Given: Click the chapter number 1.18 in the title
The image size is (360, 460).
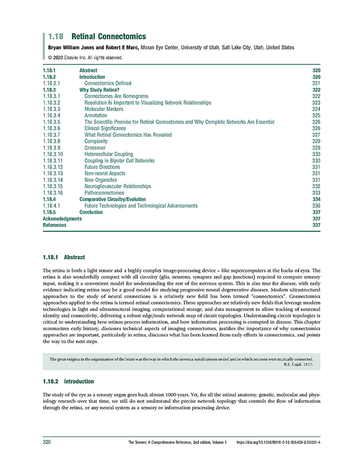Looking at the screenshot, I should pyautogui.click(x=56, y=36).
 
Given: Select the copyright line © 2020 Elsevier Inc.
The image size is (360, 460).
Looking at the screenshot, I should pyautogui.click(x=82, y=58).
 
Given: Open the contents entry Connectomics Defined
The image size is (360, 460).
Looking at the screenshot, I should pyautogui.click(x=107, y=83).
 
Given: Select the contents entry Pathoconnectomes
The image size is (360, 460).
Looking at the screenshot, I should pyautogui.click(x=104, y=193).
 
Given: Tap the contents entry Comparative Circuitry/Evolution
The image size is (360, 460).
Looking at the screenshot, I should pyautogui.click(x=112, y=199).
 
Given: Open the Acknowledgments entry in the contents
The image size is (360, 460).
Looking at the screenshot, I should pyautogui.click(x=62, y=218).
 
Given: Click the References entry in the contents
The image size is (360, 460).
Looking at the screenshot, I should pyautogui.click(x=54, y=225).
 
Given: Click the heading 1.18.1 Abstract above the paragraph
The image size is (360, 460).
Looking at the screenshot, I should pyautogui.click(x=64, y=257).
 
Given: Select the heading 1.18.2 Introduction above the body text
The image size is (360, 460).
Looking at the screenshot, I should pyautogui.click(x=68, y=381).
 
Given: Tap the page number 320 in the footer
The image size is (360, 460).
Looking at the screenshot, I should pyautogui.click(x=46, y=442).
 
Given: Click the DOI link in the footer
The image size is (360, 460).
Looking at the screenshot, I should pyautogui.click(x=278, y=442).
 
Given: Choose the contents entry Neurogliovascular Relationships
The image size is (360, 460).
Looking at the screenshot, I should pyautogui.click(x=118, y=187).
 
